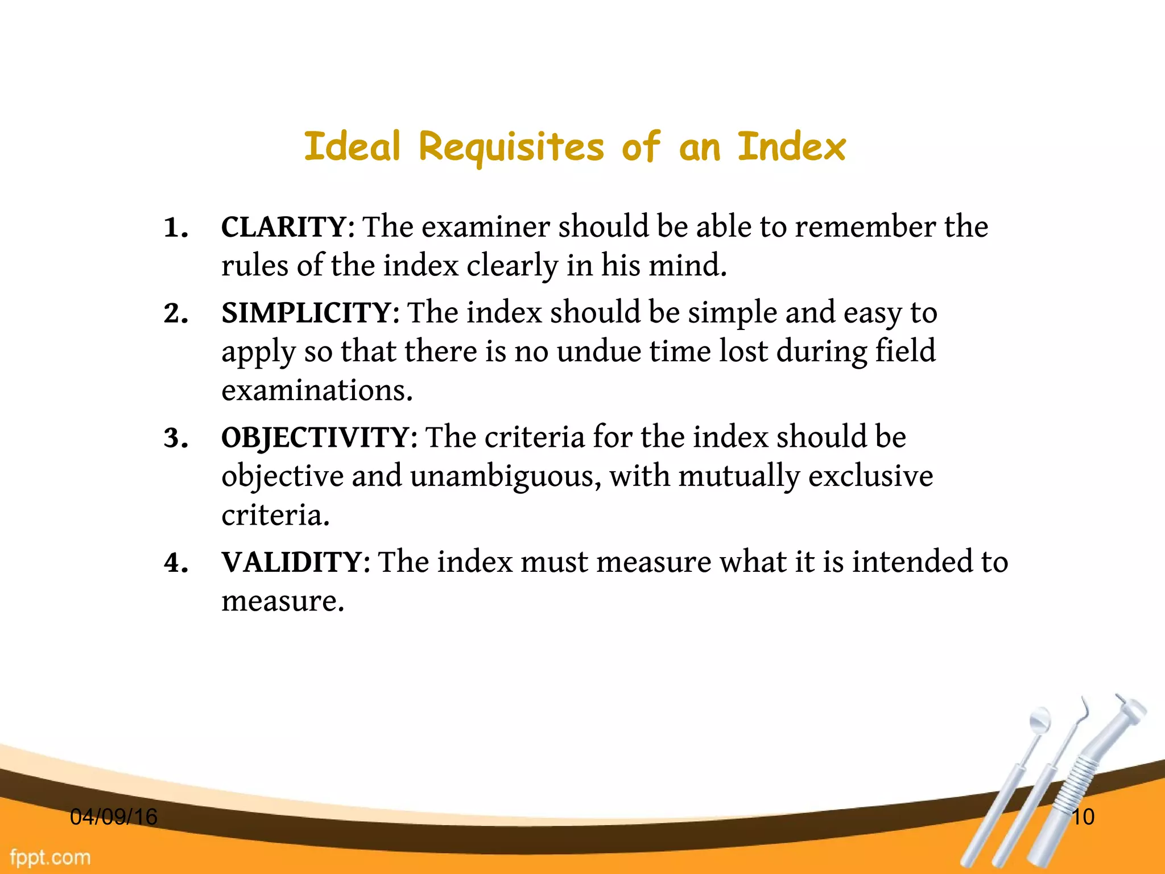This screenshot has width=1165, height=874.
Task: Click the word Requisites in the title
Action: [511, 147]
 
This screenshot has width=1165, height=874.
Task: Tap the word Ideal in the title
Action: [353, 146]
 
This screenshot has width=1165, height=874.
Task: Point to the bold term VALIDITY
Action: [291, 562]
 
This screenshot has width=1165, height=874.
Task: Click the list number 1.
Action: [175, 228]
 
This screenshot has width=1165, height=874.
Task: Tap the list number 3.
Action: [175, 439]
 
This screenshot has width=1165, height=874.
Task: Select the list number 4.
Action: [175, 563]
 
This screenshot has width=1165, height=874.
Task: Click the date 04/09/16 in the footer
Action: [113, 817]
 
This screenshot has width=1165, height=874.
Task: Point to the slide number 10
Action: [1083, 817]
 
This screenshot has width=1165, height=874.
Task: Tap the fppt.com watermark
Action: [50, 857]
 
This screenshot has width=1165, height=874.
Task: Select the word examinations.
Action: [317, 391]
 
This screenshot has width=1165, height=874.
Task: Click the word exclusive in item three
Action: [870, 476]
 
